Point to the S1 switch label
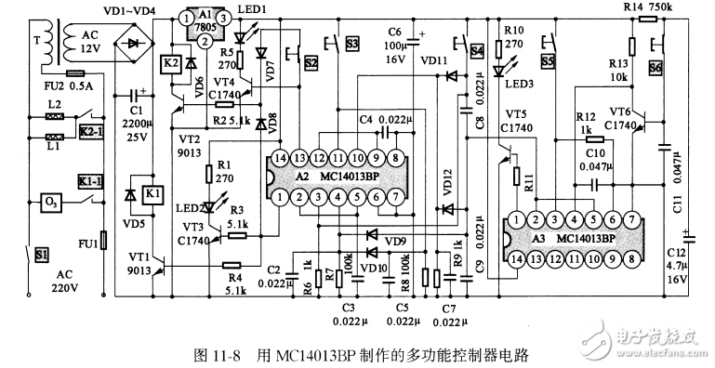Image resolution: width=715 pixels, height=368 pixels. point(42,253)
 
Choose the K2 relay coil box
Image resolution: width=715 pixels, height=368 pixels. point(171,63)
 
